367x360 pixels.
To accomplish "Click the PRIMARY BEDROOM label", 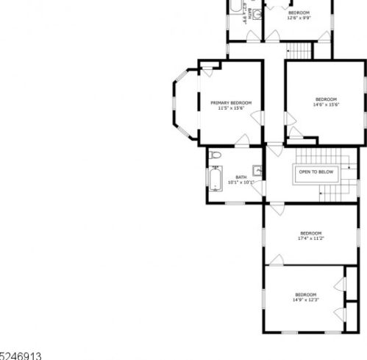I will tap(231, 102).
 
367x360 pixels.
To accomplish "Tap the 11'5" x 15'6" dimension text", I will tap(231, 108).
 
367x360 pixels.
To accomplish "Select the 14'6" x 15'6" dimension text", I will tap(326, 105).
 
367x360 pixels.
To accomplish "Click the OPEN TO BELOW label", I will tap(316, 172).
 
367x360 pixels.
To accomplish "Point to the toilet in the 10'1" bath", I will tap(214, 156).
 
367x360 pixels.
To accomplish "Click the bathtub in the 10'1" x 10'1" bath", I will tap(215, 179).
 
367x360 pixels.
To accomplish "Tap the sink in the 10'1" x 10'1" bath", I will tap(257, 169).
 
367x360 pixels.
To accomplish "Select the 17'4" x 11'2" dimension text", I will tap(311, 239).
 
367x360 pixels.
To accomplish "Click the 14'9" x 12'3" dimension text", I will tap(305, 300).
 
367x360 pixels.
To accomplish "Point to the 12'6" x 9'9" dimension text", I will tap(299, 18).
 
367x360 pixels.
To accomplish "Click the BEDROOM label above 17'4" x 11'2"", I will tap(311, 233).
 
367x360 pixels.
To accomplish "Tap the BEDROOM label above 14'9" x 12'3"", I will tap(305, 294).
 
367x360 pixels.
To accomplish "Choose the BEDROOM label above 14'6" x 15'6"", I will tap(326, 99).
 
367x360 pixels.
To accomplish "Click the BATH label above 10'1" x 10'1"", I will tap(240, 177).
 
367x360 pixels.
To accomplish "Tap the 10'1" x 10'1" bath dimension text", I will tap(240, 182).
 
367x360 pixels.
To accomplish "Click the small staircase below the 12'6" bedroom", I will tap(299, 51).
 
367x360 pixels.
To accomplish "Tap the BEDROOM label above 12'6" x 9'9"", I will tap(299, 13).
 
